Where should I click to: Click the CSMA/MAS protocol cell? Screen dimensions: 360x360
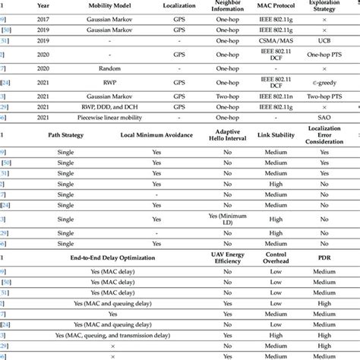coord(273,40)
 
